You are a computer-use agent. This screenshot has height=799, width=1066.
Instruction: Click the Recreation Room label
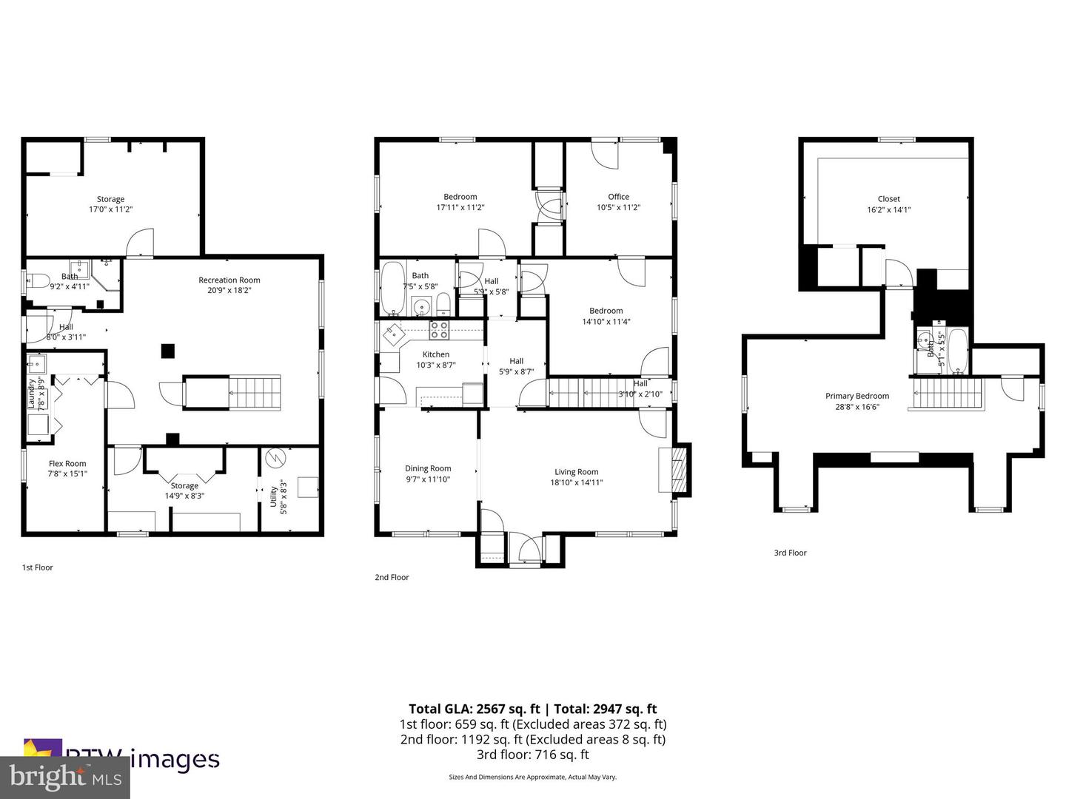[x=229, y=280]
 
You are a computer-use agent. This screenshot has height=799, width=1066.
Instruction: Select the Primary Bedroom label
[x=857, y=397]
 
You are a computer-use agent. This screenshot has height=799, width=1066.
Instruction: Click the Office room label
[x=618, y=197]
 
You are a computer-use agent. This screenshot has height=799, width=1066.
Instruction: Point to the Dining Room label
[x=428, y=468]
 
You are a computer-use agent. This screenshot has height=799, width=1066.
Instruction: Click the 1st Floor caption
[x=37, y=567]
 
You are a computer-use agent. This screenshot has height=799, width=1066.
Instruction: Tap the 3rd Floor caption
[x=790, y=553]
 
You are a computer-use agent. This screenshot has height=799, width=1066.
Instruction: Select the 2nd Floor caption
[x=392, y=577]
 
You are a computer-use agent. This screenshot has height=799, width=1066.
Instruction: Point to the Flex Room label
[x=67, y=464]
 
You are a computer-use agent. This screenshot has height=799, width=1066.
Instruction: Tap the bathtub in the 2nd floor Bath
[x=392, y=289]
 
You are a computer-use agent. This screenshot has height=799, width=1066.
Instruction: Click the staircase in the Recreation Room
[x=255, y=392]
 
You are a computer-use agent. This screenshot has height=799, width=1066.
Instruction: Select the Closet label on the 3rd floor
[x=888, y=199]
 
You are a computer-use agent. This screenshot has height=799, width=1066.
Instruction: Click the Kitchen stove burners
[x=439, y=329]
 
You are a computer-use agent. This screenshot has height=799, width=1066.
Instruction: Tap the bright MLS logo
[x=64, y=778]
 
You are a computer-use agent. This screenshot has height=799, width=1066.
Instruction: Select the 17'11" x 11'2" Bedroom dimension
[x=460, y=208]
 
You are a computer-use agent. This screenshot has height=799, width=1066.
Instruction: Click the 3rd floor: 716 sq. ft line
[x=532, y=755]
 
